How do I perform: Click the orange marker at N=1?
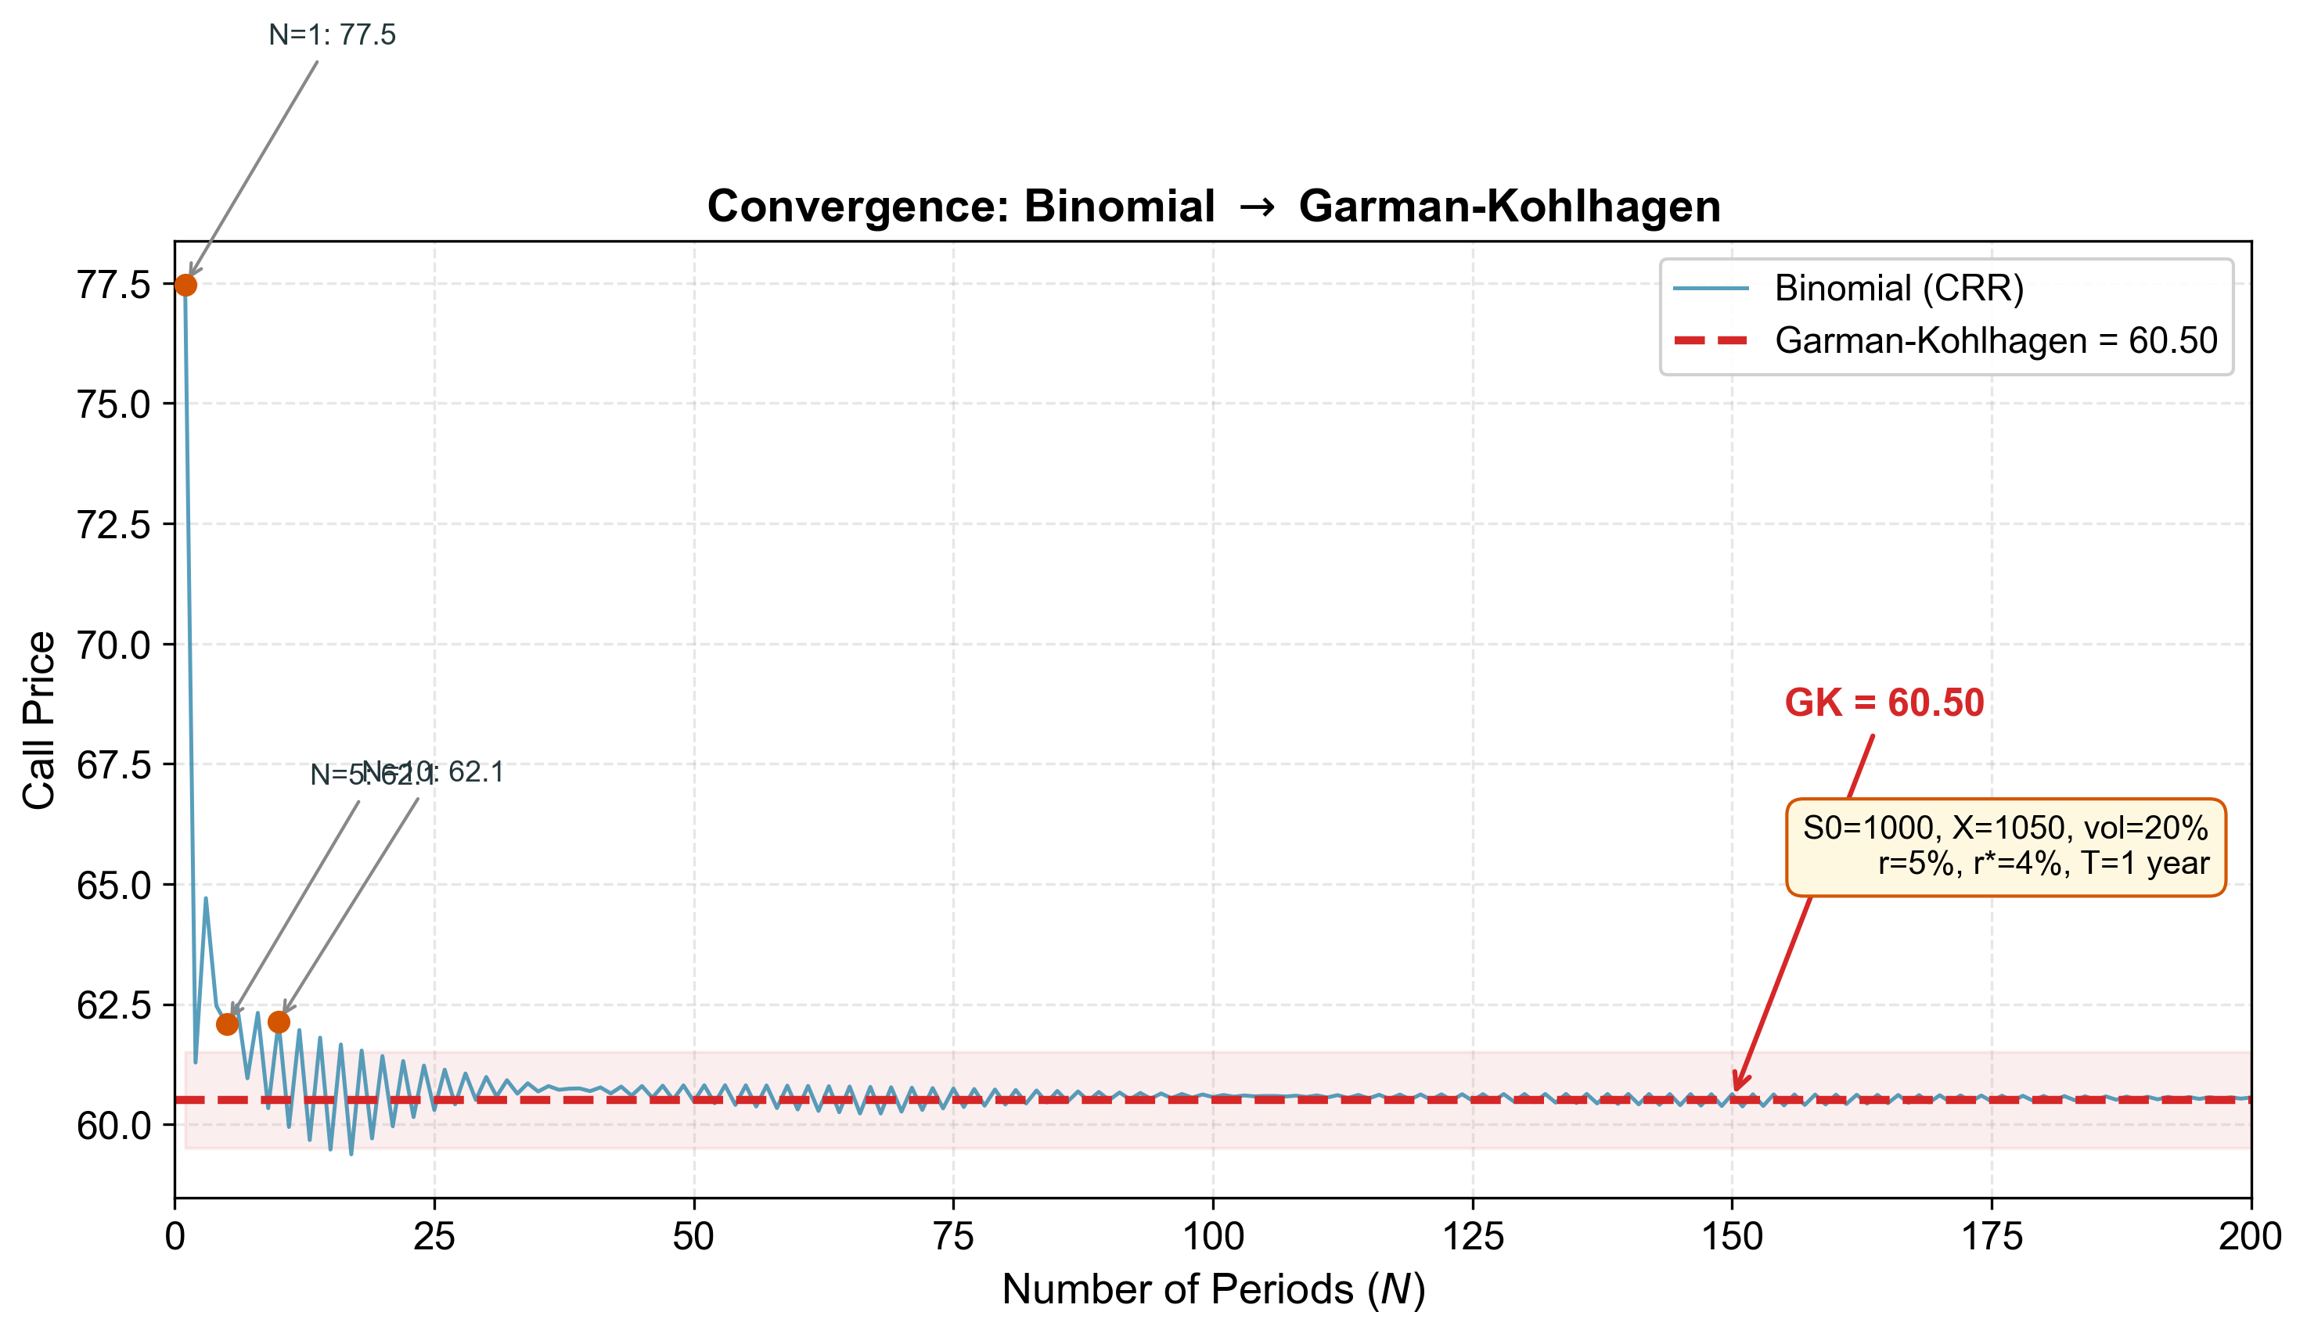pos(185,286)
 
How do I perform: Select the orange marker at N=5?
pos(228,1024)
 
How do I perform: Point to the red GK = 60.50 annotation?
pos(1884,703)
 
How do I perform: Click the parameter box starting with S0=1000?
pos(2005,846)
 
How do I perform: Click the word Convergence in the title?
pos(857,206)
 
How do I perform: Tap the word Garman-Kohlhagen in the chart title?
pos(1510,206)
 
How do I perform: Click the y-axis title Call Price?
pos(38,721)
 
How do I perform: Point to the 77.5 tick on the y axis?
pos(113,286)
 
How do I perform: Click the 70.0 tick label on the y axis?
pos(113,646)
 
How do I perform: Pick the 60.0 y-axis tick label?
pos(113,1126)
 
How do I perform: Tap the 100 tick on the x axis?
pos(1213,1237)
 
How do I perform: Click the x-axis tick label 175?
pos(1992,1237)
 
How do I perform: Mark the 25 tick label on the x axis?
pos(434,1237)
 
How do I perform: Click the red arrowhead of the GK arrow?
pos(1737,1085)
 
